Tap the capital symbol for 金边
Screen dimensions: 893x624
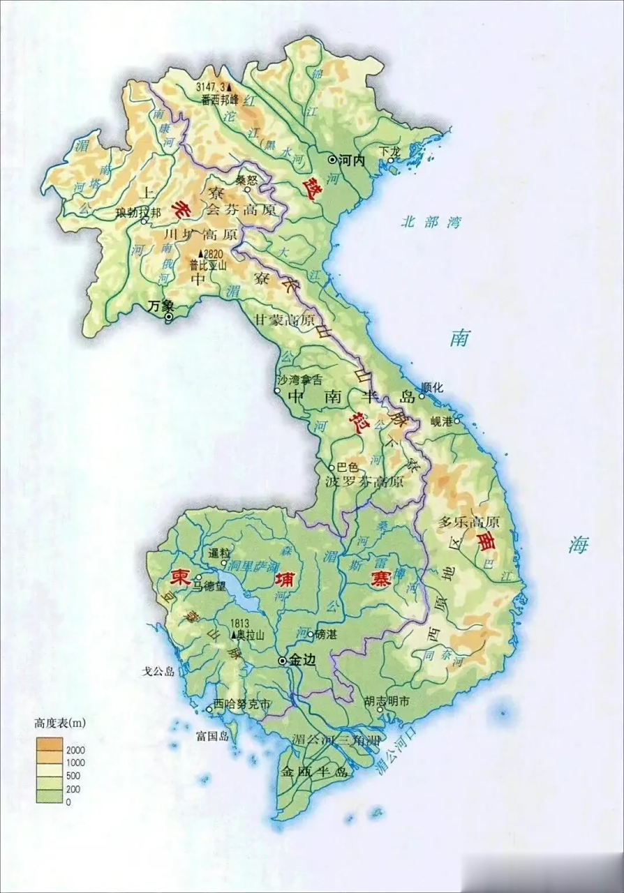[282, 660]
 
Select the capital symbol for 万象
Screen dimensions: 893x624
[169, 317]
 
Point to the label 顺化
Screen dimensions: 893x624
[432, 388]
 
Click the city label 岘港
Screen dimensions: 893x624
[442, 421]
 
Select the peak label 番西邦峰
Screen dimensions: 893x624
[220, 100]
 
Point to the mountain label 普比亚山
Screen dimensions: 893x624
[209, 265]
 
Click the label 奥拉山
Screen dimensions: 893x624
[252, 635]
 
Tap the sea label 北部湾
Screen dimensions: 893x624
[431, 223]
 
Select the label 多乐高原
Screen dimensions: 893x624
[468, 522]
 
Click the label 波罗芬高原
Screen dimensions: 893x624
[364, 481]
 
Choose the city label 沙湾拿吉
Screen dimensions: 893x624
[299, 380]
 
